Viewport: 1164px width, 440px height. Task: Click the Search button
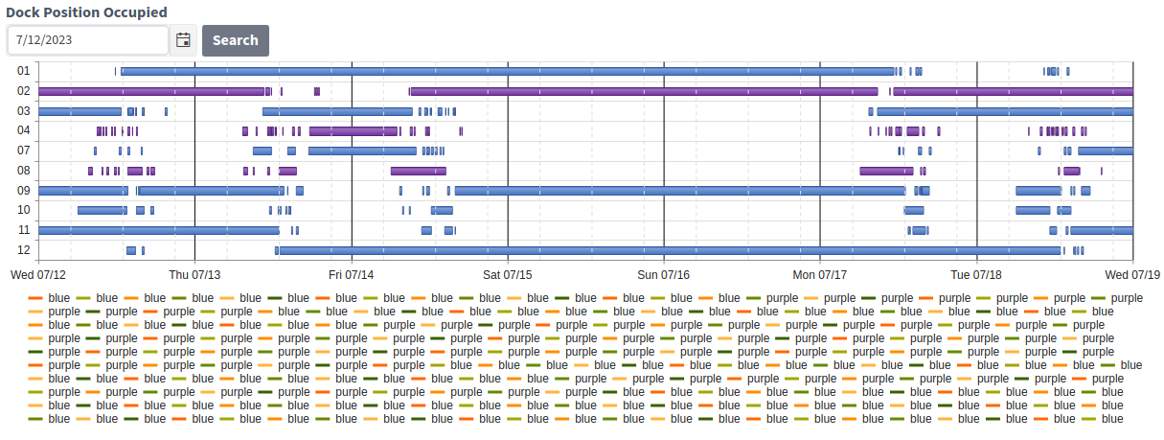235,40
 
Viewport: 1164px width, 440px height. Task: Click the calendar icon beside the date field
183,40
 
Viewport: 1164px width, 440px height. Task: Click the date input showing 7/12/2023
88,40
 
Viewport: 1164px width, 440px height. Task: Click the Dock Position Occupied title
86,12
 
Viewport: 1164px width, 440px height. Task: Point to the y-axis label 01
24,71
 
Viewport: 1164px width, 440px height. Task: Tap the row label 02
24,91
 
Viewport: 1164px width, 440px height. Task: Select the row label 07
24,151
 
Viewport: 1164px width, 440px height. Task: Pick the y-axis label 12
24,250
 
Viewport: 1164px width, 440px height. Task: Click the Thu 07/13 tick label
194,274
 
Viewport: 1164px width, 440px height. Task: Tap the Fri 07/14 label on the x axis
352,274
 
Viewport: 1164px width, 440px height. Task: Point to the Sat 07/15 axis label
508,274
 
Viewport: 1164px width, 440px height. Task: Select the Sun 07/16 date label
664,274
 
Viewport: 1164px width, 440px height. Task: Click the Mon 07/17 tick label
820,274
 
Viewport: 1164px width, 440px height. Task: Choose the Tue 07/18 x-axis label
976,274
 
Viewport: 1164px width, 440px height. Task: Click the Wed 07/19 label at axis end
1131,274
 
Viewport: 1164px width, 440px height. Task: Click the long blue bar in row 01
508,71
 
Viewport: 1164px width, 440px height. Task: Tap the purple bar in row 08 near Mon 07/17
886,171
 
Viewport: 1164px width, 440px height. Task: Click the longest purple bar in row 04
354,130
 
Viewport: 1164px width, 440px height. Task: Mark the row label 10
24,210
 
